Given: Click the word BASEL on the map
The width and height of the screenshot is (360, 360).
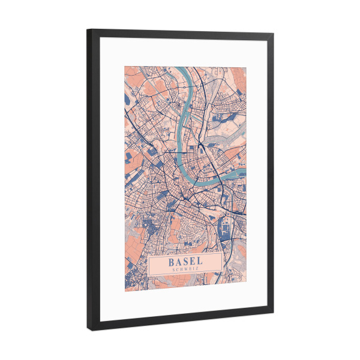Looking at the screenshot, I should click(186, 262).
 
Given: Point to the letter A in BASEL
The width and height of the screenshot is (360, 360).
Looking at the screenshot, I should click(179, 262).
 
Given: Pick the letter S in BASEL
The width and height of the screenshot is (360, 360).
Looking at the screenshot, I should click(186, 262).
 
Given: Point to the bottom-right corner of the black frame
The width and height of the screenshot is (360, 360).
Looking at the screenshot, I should click(273, 317).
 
